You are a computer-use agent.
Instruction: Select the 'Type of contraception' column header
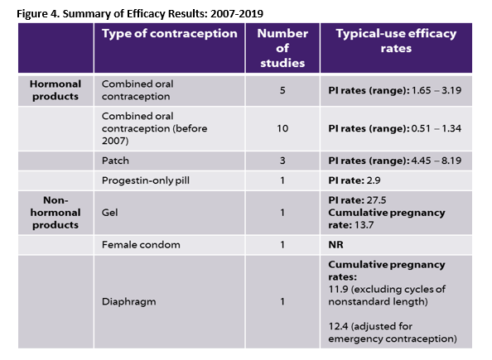(170, 34)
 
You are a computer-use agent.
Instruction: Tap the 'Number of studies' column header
(282, 48)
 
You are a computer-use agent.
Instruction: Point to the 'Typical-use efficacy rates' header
(396, 41)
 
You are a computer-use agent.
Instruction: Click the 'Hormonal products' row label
(55, 90)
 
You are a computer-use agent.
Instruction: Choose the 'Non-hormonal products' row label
(55, 213)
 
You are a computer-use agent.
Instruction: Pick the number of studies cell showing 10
(282, 128)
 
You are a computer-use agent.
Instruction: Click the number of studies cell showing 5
(282, 90)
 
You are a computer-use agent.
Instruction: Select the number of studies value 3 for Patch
(282, 161)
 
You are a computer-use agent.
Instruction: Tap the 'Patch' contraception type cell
(115, 161)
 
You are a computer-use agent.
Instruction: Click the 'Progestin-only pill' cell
(146, 180)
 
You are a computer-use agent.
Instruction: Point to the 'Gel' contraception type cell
(110, 213)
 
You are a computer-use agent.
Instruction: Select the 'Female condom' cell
(141, 245)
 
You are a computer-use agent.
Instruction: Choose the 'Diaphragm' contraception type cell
(128, 302)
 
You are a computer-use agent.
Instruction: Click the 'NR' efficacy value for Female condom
(335, 245)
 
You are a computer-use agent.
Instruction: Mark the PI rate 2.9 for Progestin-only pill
(355, 180)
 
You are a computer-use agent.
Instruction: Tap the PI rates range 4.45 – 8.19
(395, 161)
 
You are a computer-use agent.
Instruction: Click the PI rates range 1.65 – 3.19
(395, 90)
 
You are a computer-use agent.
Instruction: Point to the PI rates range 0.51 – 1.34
(395, 128)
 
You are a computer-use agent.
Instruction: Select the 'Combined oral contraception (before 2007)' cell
(154, 128)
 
